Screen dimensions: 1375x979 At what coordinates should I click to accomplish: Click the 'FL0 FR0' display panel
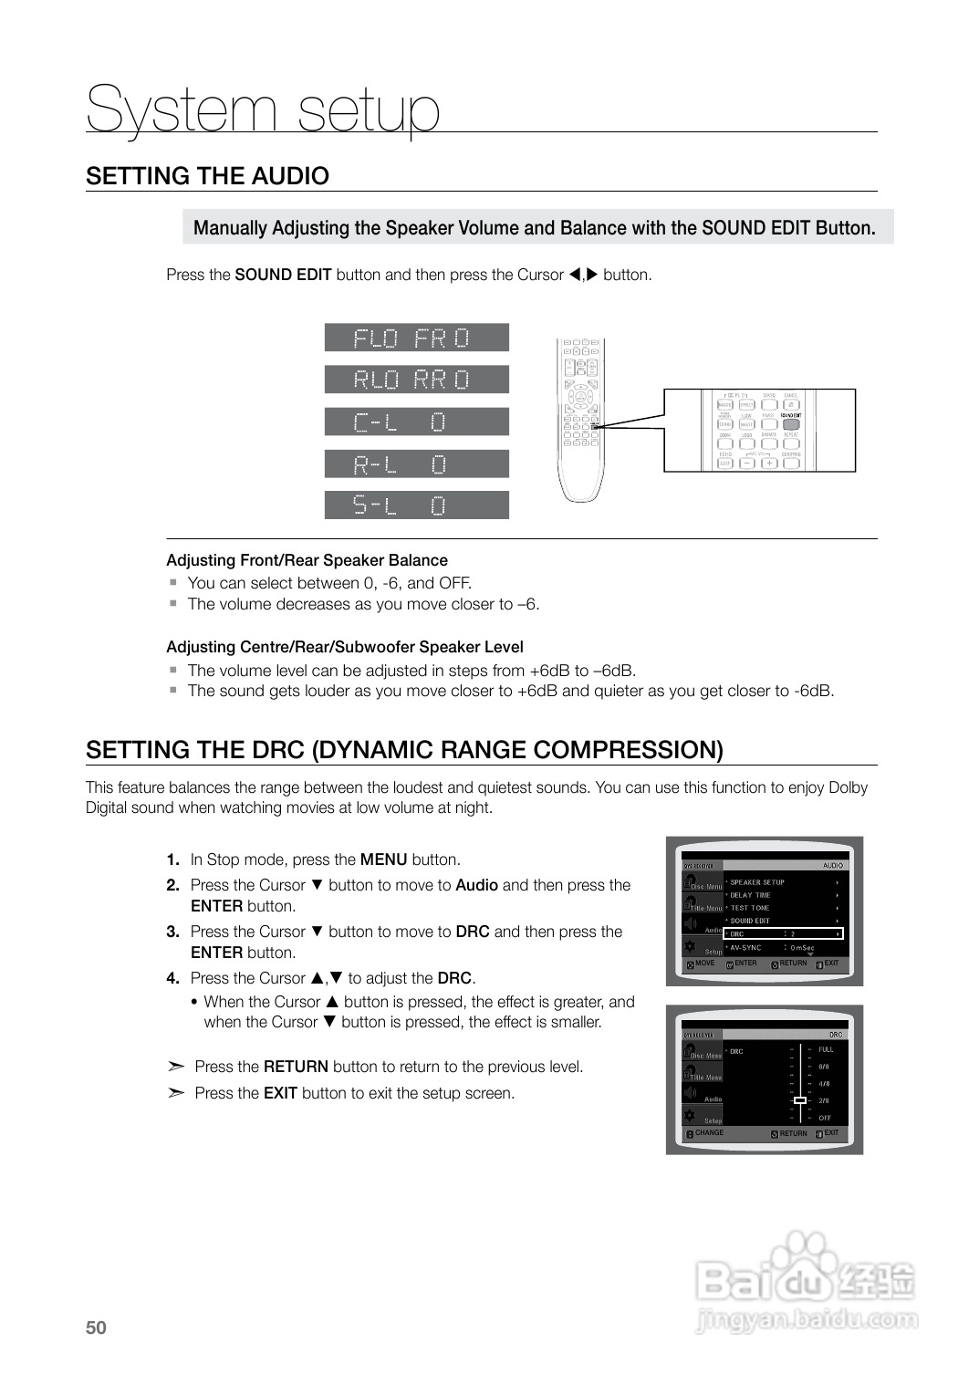tap(416, 338)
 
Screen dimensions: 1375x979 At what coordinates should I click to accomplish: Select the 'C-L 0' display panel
tap(416, 422)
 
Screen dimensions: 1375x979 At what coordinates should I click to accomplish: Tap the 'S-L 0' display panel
tap(416, 505)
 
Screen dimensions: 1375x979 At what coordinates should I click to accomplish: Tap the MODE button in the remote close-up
tap(724, 404)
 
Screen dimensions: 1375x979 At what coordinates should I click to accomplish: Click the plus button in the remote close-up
tap(769, 463)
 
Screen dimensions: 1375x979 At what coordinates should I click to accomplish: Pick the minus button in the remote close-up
tap(747, 463)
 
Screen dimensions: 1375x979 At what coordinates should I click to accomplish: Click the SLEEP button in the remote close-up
tap(724, 464)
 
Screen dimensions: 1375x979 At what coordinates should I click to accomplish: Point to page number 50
tap(96, 1328)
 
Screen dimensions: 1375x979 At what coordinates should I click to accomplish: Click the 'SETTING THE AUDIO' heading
tap(207, 175)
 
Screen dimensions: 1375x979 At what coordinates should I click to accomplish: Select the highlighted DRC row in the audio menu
tap(783, 933)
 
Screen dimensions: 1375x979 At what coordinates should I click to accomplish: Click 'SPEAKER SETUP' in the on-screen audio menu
tap(756, 882)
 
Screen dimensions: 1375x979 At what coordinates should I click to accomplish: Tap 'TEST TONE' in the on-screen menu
tap(749, 908)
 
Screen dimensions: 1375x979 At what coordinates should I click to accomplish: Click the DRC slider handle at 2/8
tap(799, 1100)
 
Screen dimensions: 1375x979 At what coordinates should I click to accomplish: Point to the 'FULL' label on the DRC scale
tap(826, 1049)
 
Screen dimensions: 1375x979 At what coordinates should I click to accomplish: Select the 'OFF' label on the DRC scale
tap(825, 1118)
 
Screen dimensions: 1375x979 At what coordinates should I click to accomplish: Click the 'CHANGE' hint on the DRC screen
tap(709, 1133)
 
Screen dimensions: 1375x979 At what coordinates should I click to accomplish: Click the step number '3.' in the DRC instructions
tap(172, 932)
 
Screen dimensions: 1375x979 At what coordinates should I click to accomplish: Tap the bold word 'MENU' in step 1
tap(383, 859)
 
